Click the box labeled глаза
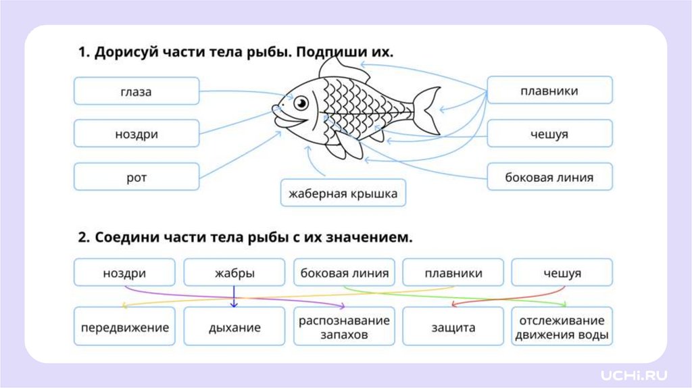(x=137, y=91)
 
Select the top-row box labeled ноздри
(x=137, y=134)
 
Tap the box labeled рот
(x=137, y=177)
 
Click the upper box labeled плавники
(x=549, y=91)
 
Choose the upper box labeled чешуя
(x=549, y=134)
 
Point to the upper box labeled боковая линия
(x=549, y=177)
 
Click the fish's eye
(x=301, y=103)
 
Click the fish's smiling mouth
(x=289, y=122)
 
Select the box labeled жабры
(x=234, y=274)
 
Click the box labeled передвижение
(x=124, y=328)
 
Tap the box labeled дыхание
(x=234, y=328)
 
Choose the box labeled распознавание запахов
(x=344, y=328)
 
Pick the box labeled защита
(x=453, y=328)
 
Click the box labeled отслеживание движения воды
(x=562, y=328)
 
